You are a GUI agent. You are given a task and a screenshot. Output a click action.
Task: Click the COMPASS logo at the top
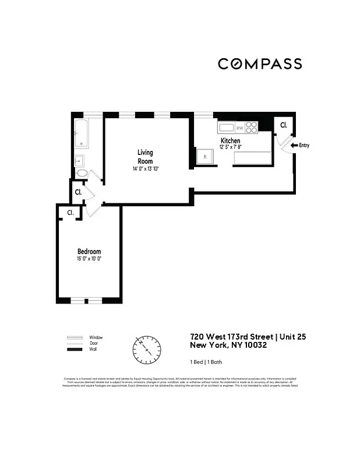point(260,63)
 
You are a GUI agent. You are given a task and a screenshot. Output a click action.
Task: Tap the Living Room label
point(145,157)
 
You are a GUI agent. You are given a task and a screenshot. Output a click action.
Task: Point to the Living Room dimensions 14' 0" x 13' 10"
point(145,169)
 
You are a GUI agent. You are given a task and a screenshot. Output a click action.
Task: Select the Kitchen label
point(230,141)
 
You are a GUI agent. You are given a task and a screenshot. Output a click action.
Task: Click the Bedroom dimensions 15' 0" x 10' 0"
point(89,259)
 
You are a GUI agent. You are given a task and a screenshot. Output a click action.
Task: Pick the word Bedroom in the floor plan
point(89,252)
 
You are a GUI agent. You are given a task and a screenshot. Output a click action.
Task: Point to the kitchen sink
point(225,127)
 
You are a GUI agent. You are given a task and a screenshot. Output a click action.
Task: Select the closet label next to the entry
point(284,125)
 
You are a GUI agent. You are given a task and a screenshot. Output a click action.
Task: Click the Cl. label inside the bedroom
point(70,213)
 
